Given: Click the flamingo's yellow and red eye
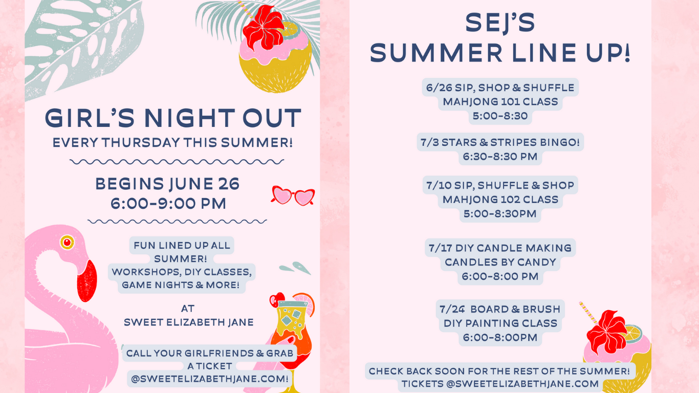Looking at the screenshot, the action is (x=67, y=242).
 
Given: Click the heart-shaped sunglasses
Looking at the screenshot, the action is (x=293, y=195).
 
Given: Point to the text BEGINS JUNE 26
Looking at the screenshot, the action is (x=167, y=184).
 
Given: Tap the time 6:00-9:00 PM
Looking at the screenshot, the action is (x=168, y=204).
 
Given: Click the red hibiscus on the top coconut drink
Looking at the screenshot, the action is (x=264, y=28).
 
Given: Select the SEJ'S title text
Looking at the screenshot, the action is (x=500, y=23).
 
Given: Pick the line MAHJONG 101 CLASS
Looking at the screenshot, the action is (x=500, y=102).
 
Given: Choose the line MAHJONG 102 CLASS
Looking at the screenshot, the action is (x=500, y=200).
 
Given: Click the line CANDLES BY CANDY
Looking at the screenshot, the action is (x=500, y=262).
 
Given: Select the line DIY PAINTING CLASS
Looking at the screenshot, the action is (x=500, y=323).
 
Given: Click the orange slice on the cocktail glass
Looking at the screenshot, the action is (x=304, y=303).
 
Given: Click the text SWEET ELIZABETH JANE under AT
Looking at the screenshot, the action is (x=189, y=322).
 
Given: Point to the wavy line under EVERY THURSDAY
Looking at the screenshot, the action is (x=177, y=162).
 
